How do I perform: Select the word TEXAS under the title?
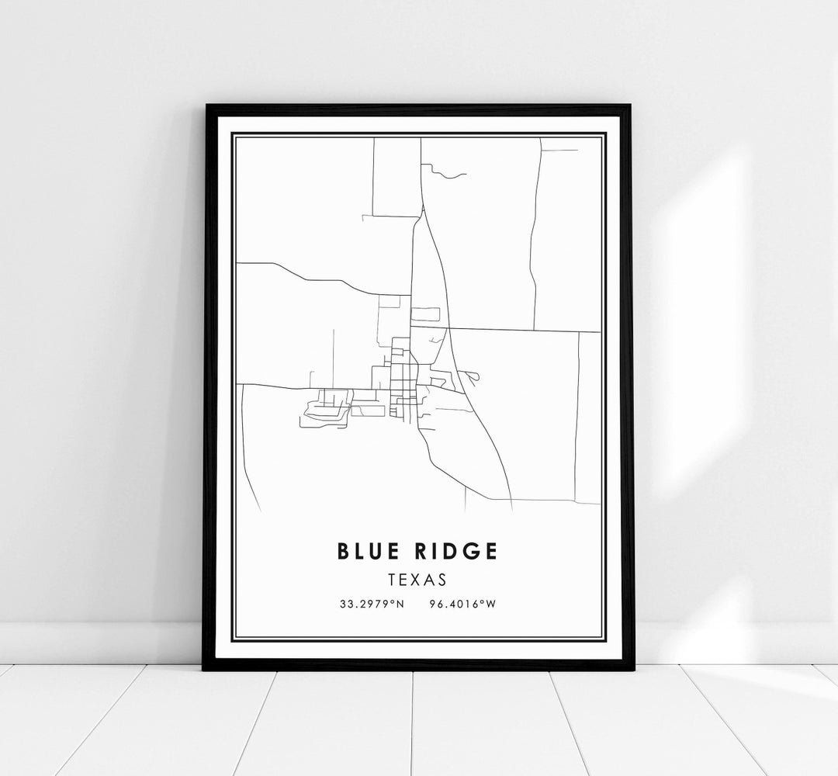tap(418, 578)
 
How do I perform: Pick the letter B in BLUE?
tap(343, 551)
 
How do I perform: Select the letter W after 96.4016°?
tap(491, 605)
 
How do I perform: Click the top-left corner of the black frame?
tap(206, 106)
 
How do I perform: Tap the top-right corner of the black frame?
tap(632, 106)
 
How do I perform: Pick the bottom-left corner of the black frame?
tap(204, 669)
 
